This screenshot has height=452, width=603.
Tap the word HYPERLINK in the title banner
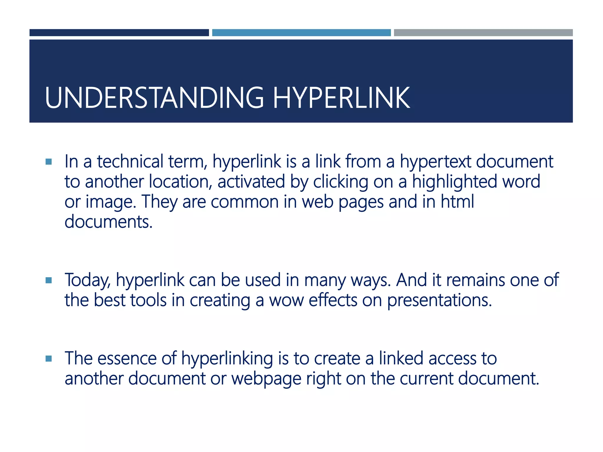click(342, 98)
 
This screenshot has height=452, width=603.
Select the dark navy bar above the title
click(119, 33)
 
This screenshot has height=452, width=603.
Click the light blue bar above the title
click(301, 33)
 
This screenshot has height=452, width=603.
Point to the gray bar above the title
click(483, 33)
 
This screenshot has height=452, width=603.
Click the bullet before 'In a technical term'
click(49, 162)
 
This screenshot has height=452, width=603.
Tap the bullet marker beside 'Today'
click(49, 280)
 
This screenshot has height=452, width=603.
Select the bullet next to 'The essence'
click(49, 358)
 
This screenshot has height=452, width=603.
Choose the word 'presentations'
click(439, 301)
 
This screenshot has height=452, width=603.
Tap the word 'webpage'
click(266, 379)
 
